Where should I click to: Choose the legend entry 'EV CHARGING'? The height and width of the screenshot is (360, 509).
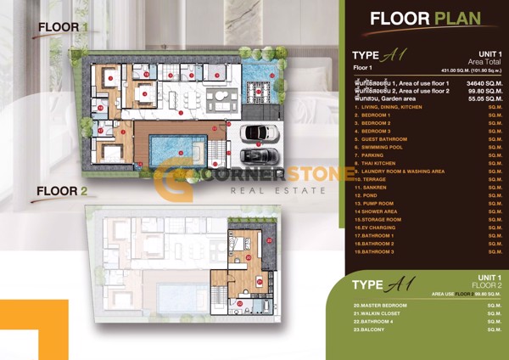376,228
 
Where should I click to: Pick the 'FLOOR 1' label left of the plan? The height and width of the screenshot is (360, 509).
64,27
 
